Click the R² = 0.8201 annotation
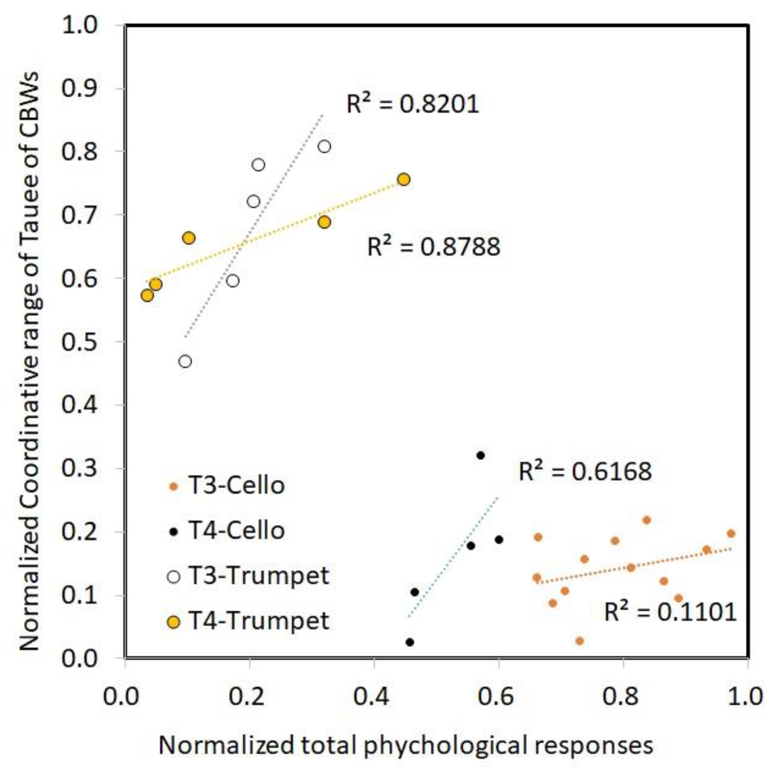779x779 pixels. click(x=412, y=104)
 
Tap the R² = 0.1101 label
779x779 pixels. click(x=670, y=613)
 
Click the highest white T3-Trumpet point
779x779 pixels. click(x=324, y=147)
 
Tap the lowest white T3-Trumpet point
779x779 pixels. click(x=185, y=361)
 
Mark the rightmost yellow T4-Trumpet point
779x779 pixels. click(x=404, y=179)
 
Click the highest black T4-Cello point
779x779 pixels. click(x=480, y=455)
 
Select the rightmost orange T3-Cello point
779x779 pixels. click(x=731, y=534)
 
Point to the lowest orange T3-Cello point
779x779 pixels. click(x=580, y=641)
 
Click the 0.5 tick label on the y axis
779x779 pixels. click(x=79, y=341)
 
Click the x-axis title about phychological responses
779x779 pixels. click(x=406, y=746)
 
